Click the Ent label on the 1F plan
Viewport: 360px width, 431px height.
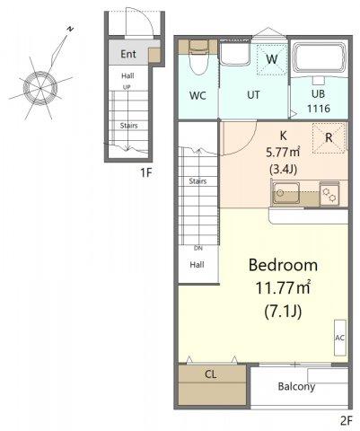(x=128, y=54)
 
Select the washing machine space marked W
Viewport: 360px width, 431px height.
(x=272, y=59)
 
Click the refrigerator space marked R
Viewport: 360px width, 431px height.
(x=329, y=138)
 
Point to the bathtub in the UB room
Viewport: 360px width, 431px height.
(x=319, y=58)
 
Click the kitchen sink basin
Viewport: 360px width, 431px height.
(x=285, y=193)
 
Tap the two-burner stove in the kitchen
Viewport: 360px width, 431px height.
(x=329, y=194)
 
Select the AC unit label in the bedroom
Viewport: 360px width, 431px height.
(x=340, y=338)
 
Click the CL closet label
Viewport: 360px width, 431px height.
(x=211, y=374)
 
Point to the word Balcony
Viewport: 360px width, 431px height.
(x=296, y=386)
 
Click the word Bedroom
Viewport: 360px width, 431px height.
(x=283, y=265)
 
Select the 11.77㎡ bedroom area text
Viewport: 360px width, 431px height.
(x=283, y=288)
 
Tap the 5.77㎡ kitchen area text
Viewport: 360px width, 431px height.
(x=283, y=153)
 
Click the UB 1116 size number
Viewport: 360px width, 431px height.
(x=319, y=109)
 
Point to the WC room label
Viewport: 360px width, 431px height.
(x=198, y=96)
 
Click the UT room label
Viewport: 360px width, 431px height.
(x=253, y=95)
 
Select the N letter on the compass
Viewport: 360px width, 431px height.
(x=70, y=29)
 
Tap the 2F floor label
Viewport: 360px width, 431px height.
(x=347, y=421)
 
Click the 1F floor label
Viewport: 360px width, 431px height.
(x=146, y=172)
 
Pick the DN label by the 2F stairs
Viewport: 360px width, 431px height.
(x=198, y=248)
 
